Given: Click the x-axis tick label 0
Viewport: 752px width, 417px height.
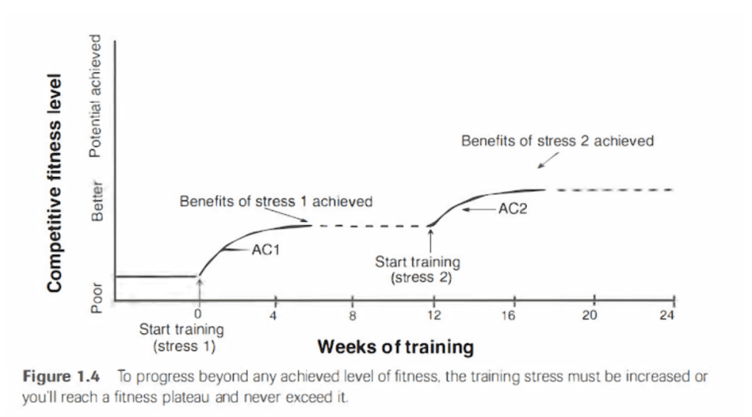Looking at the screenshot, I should click(x=198, y=316).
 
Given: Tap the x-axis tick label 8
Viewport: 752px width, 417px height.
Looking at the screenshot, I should click(x=353, y=316).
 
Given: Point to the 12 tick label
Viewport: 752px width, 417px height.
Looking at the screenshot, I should click(x=434, y=316).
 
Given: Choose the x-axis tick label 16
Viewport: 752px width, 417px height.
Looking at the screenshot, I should click(x=512, y=316).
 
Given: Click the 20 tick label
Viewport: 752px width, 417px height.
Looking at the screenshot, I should click(x=592, y=316).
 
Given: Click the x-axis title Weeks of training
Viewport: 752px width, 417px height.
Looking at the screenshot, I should click(x=395, y=346).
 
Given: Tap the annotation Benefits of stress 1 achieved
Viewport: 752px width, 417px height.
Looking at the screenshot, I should click(x=276, y=201).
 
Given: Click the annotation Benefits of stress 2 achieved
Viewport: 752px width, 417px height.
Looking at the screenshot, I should click(x=557, y=140).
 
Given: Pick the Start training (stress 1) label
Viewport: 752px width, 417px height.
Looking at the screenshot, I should click(x=182, y=336).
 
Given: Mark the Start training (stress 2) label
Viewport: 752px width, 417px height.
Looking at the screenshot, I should click(x=418, y=269).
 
